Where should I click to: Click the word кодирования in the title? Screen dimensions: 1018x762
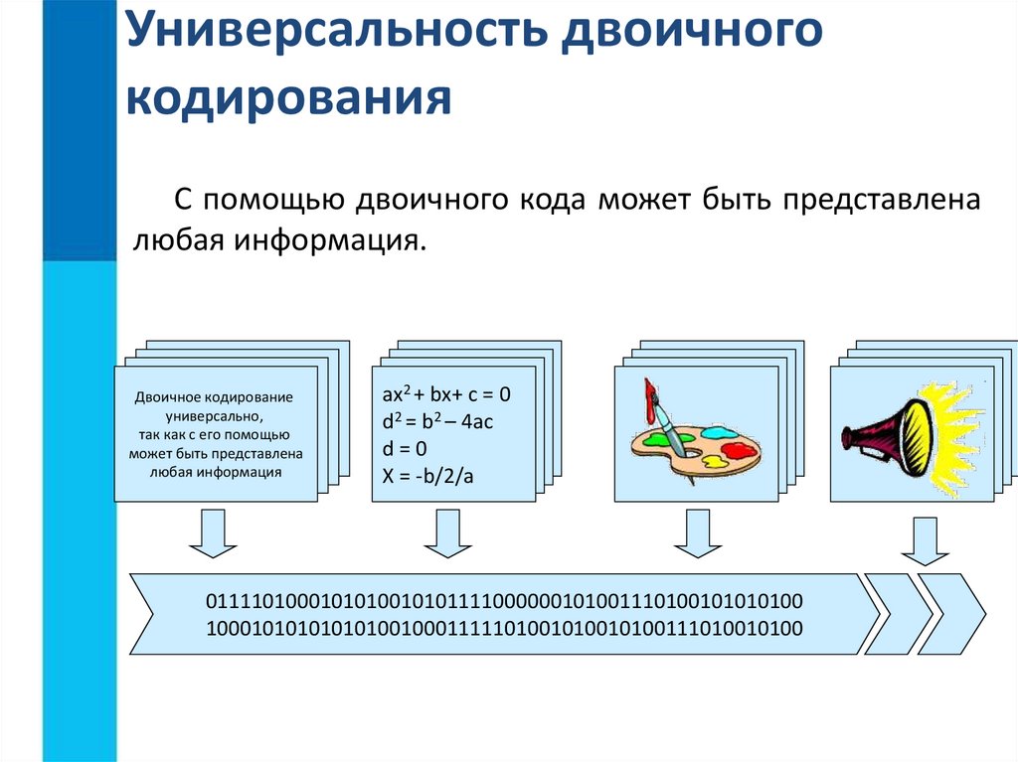pos(290,97)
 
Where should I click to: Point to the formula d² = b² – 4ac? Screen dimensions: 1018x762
pos(438,422)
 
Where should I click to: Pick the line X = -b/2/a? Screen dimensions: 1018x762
pos(428,477)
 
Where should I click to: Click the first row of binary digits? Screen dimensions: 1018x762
pos(504,602)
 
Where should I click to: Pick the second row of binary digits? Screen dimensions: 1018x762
pos(504,628)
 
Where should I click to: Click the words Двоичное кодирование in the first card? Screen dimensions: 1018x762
pos(214,396)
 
